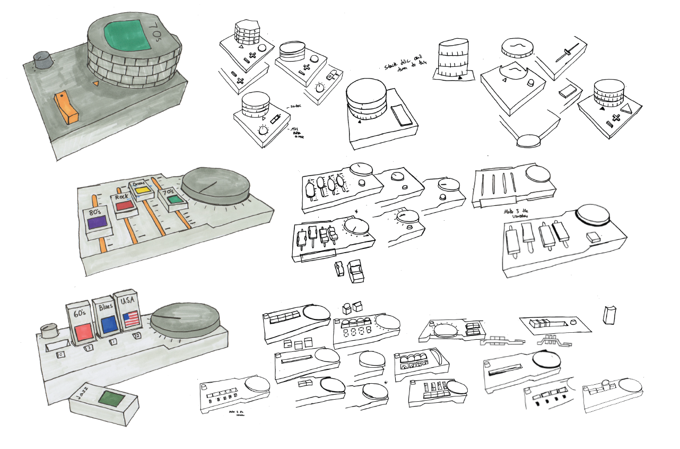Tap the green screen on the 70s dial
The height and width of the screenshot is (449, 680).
click(124, 33)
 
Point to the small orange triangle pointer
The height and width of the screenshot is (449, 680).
click(95, 83)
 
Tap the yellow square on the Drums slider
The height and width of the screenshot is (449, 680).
click(141, 189)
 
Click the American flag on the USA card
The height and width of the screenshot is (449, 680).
click(131, 319)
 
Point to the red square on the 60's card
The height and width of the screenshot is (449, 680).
click(84, 332)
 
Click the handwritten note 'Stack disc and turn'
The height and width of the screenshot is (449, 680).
click(405, 66)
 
